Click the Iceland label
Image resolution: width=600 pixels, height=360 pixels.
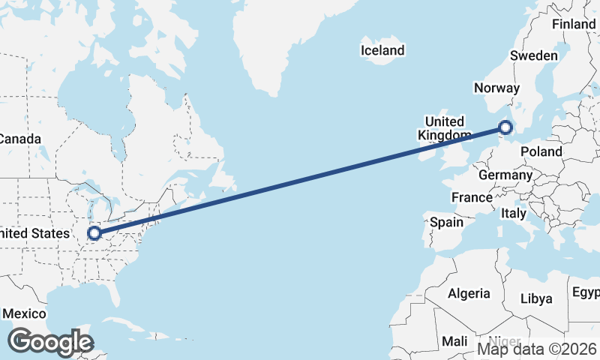coord(382,51)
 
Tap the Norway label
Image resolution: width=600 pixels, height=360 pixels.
coord(496,88)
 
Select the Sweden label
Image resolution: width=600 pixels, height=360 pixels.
coord(533,55)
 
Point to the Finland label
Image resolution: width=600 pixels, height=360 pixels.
coord(574,24)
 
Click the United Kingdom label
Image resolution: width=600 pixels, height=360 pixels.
coord(447,128)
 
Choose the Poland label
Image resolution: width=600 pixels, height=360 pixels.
coord(541,151)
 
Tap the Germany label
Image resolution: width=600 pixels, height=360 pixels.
coord(505,175)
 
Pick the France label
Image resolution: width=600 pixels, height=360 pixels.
coord(471,197)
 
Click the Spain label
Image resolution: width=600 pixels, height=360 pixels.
coord(447,222)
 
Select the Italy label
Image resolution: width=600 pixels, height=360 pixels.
coord(514,213)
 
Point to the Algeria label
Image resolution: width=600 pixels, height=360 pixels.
coord(469,293)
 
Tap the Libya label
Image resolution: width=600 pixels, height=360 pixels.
coord(536,298)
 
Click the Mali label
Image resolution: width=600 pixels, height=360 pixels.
coord(454,341)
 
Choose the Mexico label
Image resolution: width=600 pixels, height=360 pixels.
coord(25,313)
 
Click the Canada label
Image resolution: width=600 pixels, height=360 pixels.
coord(19,139)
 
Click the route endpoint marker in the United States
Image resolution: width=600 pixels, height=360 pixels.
coord(94,233)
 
